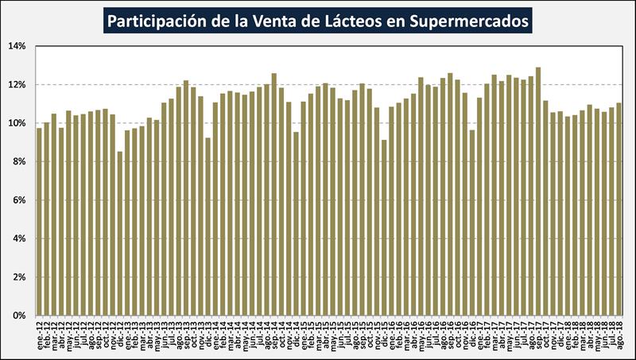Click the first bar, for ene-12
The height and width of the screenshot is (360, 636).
(40, 223)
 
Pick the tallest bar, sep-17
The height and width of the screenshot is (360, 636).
(538, 191)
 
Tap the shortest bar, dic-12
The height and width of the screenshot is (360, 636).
(120, 234)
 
